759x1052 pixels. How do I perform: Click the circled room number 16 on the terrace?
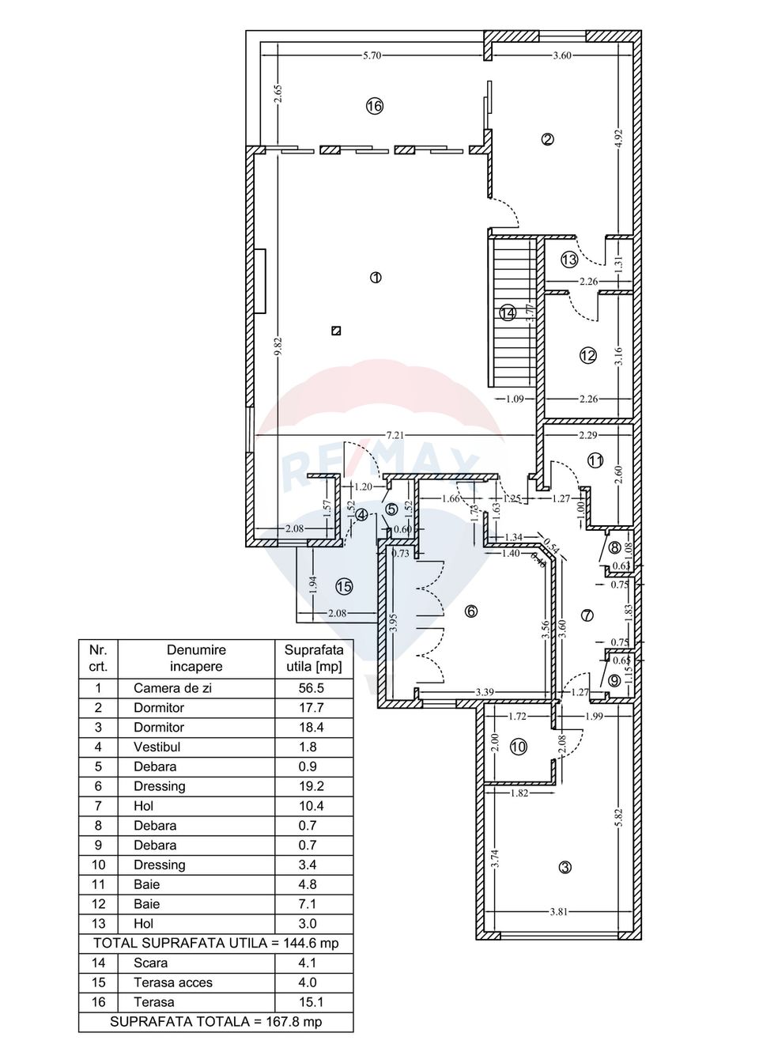point(375,106)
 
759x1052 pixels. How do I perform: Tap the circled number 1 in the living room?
point(376,278)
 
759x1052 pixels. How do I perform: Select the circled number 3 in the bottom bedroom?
point(565,868)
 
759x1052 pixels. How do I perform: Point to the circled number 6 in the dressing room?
point(471,611)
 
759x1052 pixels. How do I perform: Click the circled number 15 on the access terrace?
point(344,587)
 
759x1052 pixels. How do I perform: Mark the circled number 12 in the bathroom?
point(587,356)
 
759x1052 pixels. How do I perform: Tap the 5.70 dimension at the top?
point(372,55)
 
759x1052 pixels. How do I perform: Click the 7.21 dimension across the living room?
point(395,435)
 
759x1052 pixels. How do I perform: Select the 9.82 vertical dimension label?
point(278,346)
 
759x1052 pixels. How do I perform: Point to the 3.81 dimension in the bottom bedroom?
point(558,911)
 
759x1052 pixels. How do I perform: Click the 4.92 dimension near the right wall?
point(619,138)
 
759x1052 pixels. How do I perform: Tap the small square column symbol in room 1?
point(336,331)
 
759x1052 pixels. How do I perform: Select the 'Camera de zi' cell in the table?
point(172,688)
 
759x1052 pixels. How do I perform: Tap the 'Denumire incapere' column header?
point(196,658)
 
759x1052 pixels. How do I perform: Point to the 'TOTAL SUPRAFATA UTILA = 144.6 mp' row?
point(215,943)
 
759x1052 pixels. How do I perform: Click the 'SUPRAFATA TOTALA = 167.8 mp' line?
point(215,1021)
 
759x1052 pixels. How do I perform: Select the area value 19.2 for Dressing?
point(308,786)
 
